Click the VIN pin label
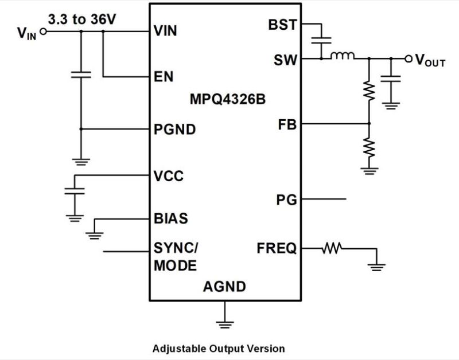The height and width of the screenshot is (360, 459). tap(165, 32)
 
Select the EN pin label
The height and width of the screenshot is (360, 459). tap(164, 76)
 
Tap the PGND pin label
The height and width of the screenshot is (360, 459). tap(175, 130)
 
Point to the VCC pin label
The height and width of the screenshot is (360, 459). tap(169, 175)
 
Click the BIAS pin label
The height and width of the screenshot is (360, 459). tap(171, 218)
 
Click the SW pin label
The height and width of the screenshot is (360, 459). tap(285, 58)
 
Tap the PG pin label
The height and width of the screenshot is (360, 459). tap(286, 199)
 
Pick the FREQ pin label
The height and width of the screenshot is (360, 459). tap(277, 249)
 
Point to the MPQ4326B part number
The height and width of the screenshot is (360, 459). tap(228, 99)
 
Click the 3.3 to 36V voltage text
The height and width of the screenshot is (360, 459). tap(83, 19)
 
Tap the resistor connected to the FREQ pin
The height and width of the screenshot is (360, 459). tap(332, 248)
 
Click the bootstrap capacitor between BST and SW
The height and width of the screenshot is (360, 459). tap(322, 41)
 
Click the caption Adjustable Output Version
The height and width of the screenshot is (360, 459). tap(218, 348)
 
